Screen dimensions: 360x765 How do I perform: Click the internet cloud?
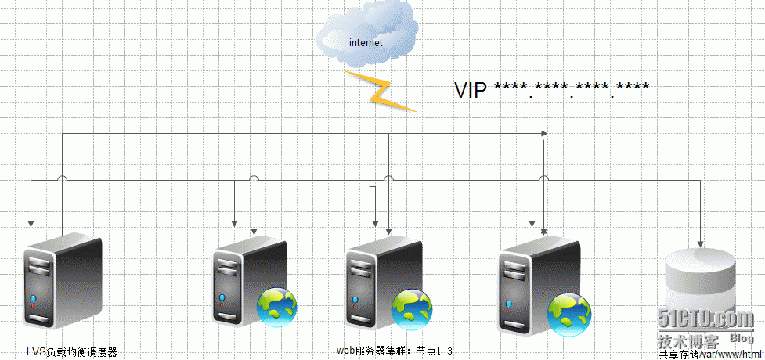[366, 38]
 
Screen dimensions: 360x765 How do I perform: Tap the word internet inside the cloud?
[366, 43]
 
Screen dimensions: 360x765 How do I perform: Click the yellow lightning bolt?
[381, 90]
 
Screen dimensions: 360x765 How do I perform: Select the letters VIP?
[471, 90]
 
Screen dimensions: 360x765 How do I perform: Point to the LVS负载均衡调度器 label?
[71, 352]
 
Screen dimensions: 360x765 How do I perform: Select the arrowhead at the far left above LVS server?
[31, 222]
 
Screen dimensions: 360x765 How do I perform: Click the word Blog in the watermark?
[742, 338]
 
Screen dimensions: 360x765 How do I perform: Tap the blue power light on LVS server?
[34, 300]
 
